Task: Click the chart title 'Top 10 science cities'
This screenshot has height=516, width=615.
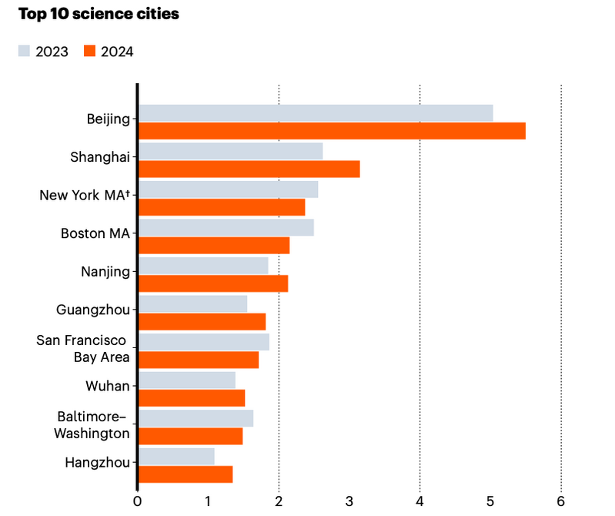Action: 99,15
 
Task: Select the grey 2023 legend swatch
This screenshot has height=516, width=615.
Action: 24,52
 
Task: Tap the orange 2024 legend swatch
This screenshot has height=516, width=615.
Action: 89,52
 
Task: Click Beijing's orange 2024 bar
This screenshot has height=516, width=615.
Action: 332,131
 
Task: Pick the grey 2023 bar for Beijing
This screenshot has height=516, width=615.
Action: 316,112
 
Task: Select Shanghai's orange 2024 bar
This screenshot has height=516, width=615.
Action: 249,169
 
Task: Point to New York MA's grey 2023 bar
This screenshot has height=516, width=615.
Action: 228,189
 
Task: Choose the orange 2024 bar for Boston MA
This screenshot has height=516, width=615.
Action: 214,246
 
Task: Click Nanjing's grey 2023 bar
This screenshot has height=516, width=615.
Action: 203,265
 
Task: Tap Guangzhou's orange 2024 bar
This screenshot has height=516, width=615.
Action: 202,322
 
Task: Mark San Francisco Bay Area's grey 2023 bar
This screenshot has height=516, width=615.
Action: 204,341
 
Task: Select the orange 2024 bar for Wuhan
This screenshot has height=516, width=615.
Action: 192,398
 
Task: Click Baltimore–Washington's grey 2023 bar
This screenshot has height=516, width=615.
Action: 196,417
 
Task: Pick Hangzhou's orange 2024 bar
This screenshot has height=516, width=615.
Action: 186,474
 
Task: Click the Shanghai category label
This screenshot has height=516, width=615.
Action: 100,157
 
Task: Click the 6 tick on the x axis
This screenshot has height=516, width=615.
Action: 561,502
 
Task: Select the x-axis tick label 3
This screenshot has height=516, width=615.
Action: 349,502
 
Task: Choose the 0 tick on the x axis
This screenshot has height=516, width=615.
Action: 137,502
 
